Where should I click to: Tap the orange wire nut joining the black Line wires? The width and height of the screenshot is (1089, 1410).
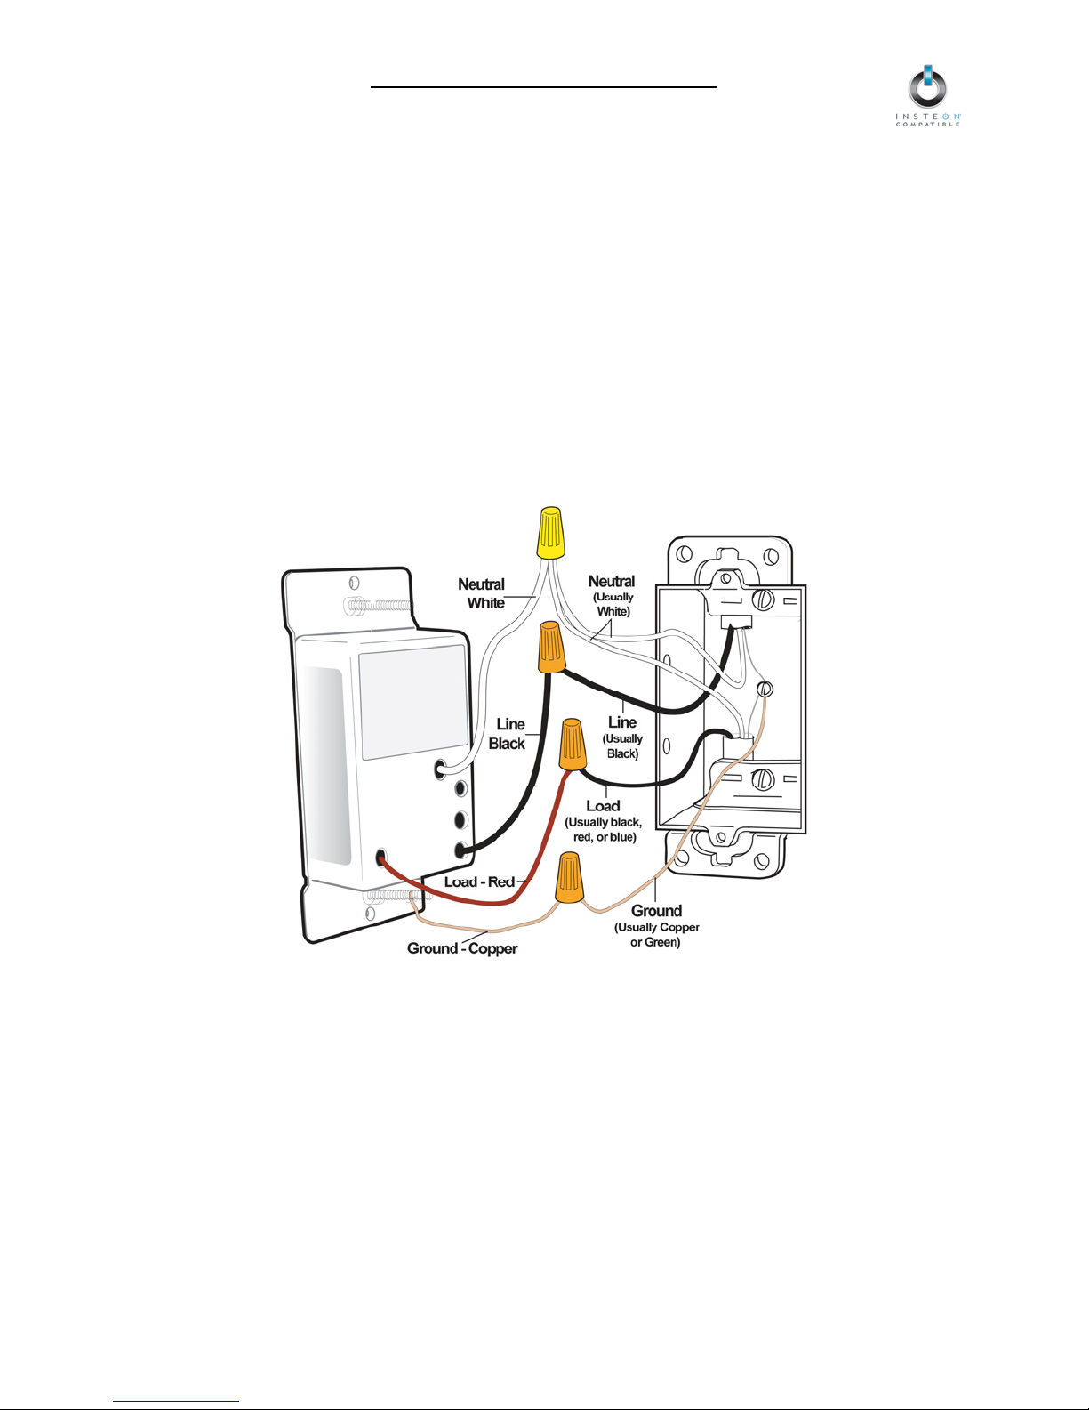click(x=550, y=648)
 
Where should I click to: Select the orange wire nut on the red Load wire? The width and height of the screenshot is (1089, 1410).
click(x=573, y=745)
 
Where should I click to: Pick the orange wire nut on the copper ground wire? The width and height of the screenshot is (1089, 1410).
click(x=569, y=877)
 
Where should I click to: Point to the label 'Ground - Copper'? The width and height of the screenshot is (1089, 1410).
click(x=462, y=948)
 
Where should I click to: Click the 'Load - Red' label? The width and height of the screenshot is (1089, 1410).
click(x=480, y=882)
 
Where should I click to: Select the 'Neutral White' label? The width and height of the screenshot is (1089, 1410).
click(x=482, y=593)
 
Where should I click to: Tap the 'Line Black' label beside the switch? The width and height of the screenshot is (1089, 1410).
click(x=508, y=734)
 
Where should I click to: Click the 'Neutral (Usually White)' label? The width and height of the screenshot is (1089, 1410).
click(x=612, y=595)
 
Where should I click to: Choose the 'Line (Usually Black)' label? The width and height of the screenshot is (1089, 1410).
click(x=622, y=737)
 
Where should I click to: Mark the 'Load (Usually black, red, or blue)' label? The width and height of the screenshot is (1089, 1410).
click(x=603, y=820)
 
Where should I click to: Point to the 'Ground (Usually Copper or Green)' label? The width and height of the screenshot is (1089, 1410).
click(x=656, y=925)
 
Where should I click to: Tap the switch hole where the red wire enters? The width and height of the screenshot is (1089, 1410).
click(x=381, y=858)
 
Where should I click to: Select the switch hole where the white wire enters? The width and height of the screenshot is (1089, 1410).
click(x=440, y=768)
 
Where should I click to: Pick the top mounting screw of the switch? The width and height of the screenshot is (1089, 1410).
click(x=378, y=607)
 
